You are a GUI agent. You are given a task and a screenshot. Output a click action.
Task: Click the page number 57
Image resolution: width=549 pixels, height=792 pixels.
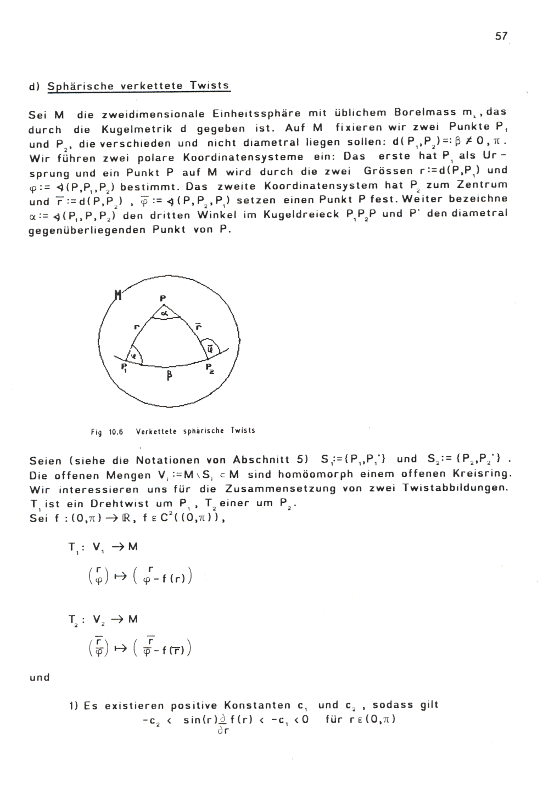click(501, 36)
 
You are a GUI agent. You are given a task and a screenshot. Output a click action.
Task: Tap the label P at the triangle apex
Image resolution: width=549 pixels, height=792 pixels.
click(163, 298)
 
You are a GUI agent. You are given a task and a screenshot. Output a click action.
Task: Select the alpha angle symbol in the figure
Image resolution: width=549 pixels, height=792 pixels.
click(164, 312)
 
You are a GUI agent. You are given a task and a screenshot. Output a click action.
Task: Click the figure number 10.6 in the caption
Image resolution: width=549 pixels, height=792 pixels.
click(115, 432)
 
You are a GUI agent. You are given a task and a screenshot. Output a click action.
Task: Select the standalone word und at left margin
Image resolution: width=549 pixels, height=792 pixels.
click(39, 677)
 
